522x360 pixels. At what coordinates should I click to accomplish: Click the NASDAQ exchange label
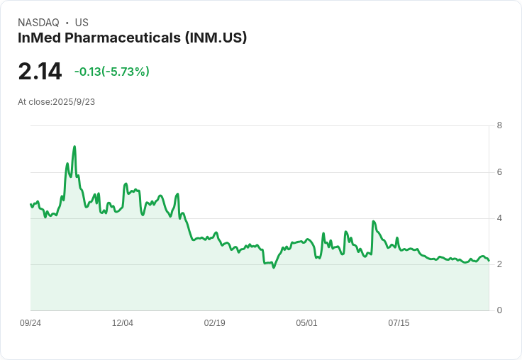pyautogui.click(x=38, y=23)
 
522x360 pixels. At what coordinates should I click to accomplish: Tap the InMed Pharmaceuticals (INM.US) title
pyautogui.click(x=132, y=38)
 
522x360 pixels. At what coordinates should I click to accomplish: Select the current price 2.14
pyautogui.click(x=40, y=72)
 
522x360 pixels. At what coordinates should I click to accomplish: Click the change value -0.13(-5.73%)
pyautogui.click(x=111, y=72)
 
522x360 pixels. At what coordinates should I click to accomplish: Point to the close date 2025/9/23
pyautogui.click(x=74, y=102)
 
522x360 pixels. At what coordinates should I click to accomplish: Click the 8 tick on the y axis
pyautogui.click(x=499, y=126)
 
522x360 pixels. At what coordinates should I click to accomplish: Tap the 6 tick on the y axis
pyautogui.click(x=499, y=172)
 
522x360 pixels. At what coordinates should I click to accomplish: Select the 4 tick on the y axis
pyautogui.click(x=499, y=218)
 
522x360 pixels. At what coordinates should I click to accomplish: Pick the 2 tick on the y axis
pyautogui.click(x=499, y=264)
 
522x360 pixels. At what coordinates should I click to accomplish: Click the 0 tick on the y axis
pyautogui.click(x=499, y=310)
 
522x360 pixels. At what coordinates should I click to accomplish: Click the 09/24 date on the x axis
pyautogui.click(x=30, y=323)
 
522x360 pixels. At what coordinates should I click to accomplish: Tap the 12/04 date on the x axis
pyautogui.click(x=123, y=323)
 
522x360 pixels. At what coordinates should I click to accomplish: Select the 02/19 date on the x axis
pyautogui.click(x=214, y=323)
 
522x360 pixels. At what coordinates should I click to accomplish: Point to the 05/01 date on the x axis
pyautogui.click(x=306, y=323)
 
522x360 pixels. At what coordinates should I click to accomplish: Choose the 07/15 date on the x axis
pyautogui.click(x=399, y=323)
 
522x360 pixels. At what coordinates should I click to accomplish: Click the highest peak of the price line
pyautogui.click(x=74, y=147)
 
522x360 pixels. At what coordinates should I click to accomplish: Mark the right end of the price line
pyautogui.click(x=489, y=261)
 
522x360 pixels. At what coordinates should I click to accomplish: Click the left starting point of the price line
pyautogui.click(x=30, y=204)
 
